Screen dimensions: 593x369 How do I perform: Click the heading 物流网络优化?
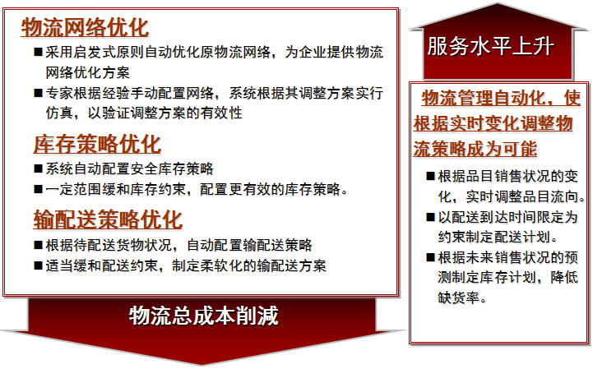[85, 27]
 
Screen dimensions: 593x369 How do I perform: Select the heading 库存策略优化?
[98, 145]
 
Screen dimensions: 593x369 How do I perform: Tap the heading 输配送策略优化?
[109, 219]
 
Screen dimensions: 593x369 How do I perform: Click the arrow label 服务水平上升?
[491, 47]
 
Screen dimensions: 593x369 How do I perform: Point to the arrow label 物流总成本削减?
[204, 316]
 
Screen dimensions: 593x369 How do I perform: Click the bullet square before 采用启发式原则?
[38, 52]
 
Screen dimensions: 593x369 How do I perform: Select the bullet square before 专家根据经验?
[38, 93]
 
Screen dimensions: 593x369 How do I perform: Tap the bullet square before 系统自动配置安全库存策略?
[38, 168]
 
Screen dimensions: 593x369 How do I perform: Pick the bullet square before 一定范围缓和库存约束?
[38, 189]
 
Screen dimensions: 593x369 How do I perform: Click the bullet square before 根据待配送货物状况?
[38, 245]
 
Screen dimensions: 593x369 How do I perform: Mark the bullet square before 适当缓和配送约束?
[38, 265]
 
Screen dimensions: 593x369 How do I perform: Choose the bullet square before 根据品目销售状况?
[430, 176]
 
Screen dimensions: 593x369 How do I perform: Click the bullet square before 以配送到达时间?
[430, 217]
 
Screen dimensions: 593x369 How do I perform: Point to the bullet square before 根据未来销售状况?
[430, 258]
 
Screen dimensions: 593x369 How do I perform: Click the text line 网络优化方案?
[88, 72]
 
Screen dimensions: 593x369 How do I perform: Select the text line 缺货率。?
[462, 298]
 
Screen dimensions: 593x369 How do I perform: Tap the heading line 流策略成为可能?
[475, 149]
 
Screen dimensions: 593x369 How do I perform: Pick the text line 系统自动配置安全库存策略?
[130, 168]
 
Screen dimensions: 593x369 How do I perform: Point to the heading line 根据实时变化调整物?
[493, 123]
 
